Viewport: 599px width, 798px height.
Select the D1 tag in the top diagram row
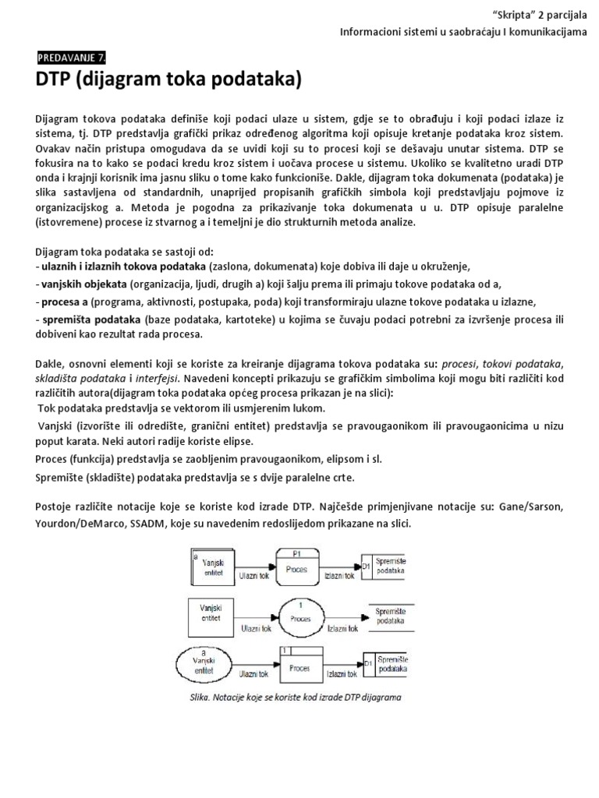[x=367, y=567]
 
